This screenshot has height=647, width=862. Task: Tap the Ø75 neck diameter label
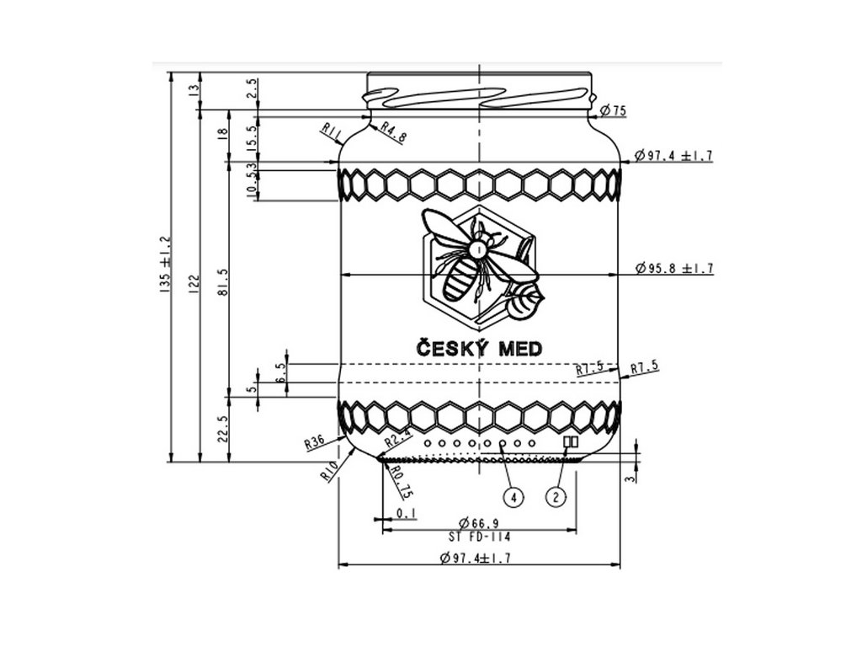[x=615, y=110]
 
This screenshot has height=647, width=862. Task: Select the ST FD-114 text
[x=479, y=537]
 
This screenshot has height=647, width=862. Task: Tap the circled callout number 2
[x=556, y=496]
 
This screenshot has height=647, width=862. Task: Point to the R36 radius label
[x=315, y=441]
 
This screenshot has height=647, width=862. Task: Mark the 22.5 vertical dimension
[x=221, y=429]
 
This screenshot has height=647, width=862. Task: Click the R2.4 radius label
[x=396, y=439]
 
